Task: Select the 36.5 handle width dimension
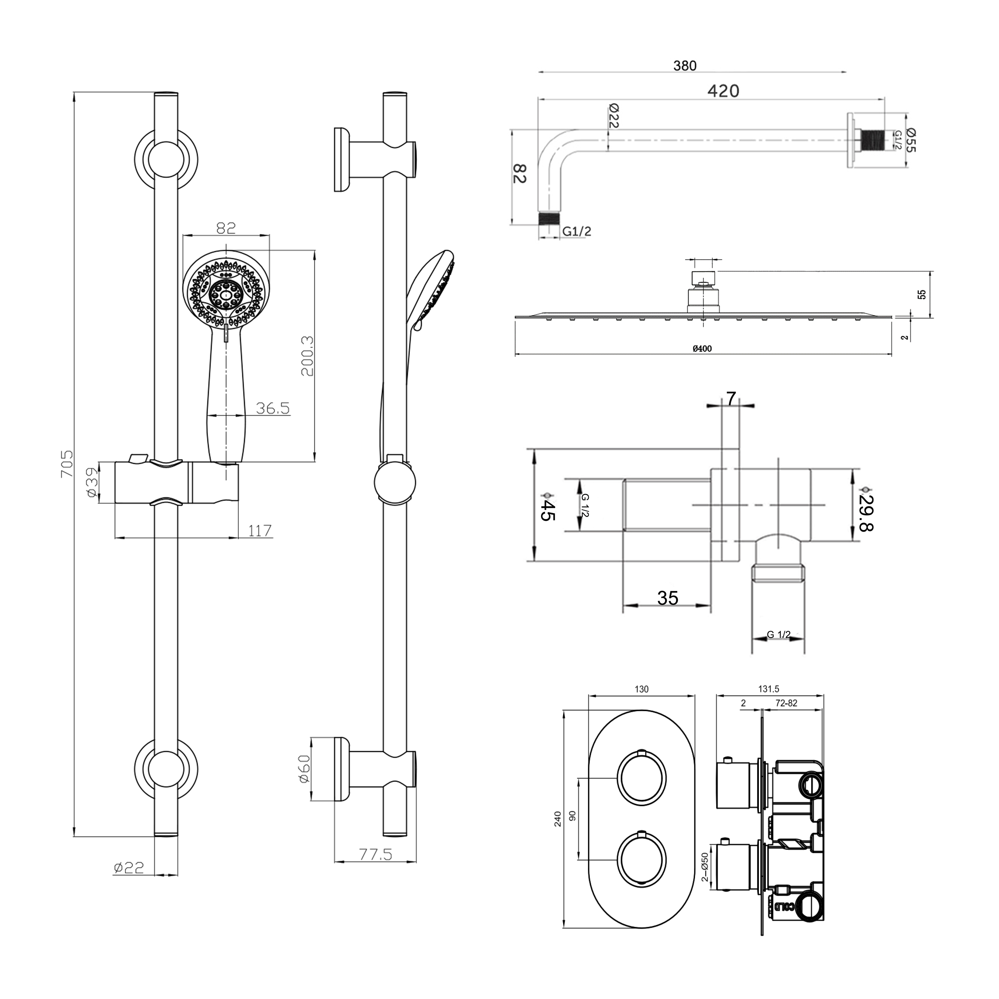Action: (273, 409)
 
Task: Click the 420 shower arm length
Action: (723, 91)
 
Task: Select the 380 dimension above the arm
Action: (685, 66)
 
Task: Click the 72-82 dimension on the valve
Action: (787, 703)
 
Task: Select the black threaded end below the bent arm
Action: (550, 218)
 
